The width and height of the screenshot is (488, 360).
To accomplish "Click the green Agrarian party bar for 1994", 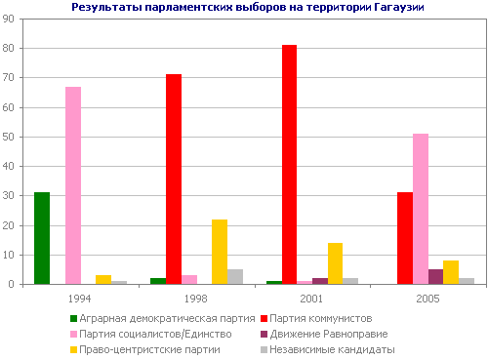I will tap(42, 238).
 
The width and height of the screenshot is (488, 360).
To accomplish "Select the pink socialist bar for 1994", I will tap(73, 185).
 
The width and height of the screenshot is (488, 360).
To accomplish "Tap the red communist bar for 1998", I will tap(174, 179).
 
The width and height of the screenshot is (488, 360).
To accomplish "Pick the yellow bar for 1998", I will tap(220, 252).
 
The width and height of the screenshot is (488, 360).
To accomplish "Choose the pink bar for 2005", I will tap(421, 209).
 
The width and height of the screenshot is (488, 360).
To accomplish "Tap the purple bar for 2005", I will tap(436, 276).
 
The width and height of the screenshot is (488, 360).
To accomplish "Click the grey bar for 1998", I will tap(235, 276).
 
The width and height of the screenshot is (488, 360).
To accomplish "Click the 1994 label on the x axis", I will tap(80, 297).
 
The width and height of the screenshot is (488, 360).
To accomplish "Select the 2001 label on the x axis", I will tap(312, 297).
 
